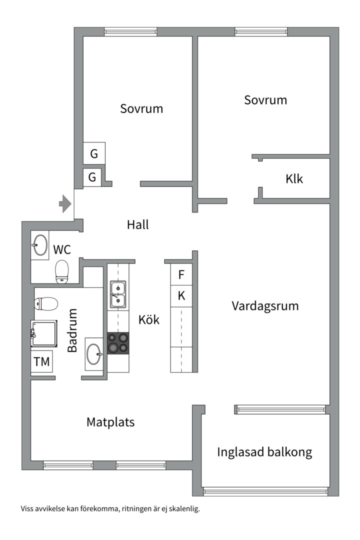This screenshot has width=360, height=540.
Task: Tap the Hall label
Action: [x=137, y=225]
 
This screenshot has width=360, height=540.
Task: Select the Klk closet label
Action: [x=294, y=179]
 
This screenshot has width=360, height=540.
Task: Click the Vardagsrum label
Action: [x=265, y=305]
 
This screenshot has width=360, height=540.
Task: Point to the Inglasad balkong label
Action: [x=264, y=452]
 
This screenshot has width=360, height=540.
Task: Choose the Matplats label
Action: [x=110, y=422]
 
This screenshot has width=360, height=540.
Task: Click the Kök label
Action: [x=149, y=319]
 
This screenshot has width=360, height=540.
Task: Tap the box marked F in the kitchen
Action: [x=181, y=274]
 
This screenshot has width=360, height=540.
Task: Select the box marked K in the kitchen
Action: [x=181, y=296]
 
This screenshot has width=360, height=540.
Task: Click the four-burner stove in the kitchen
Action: [x=118, y=343]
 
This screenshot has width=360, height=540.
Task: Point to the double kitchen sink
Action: [x=118, y=294]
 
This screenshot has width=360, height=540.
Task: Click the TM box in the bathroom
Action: [x=41, y=361]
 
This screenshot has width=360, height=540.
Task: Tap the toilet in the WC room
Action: [x=62, y=271]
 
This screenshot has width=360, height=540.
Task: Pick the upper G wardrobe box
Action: [x=94, y=153]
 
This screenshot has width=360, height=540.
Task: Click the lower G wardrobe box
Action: [x=92, y=177]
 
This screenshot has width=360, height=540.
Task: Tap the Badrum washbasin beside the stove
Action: [x=93, y=353]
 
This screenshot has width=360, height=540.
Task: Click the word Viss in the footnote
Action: [x=28, y=509]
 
